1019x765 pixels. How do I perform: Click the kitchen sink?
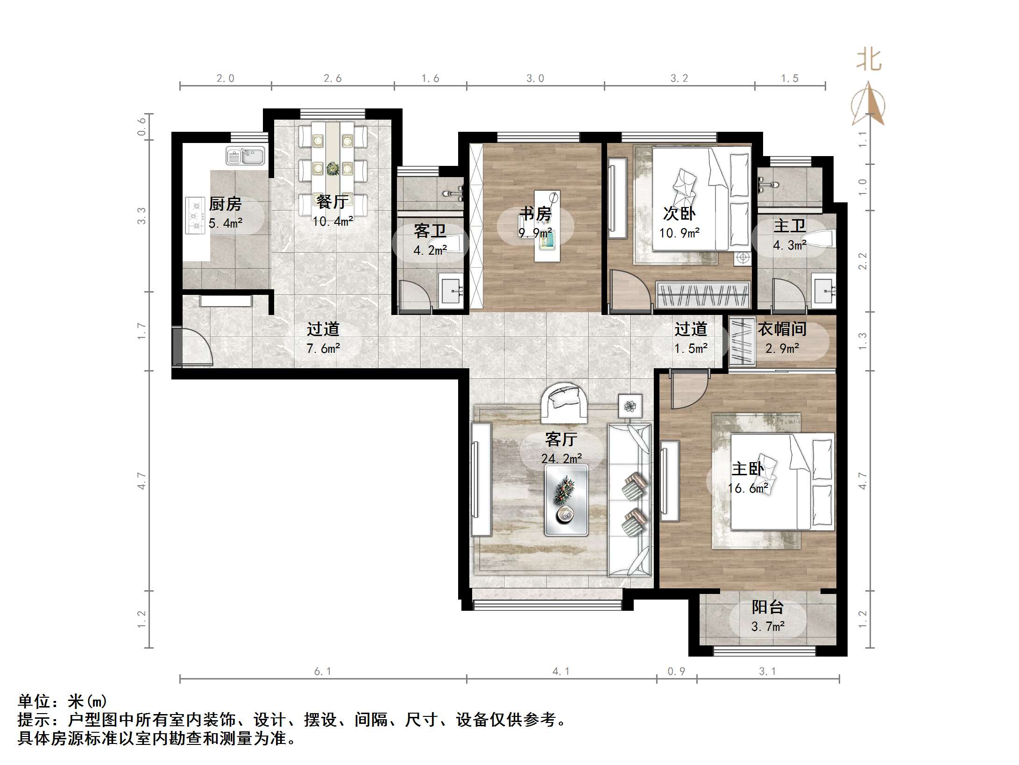pyautogui.click(x=245, y=156)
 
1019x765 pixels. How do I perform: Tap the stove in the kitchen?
pyautogui.click(x=195, y=216)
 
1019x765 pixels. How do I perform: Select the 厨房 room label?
pyautogui.click(x=225, y=204)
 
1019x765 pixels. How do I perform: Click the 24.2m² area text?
pyautogui.click(x=561, y=458)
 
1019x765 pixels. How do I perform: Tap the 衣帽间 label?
pyautogui.click(x=782, y=329)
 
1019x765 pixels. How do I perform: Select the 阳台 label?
pyautogui.click(x=767, y=607)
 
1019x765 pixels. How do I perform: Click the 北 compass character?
pyautogui.click(x=869, y=60)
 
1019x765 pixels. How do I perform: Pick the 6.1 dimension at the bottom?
pyautogui.click(x=322, y=672)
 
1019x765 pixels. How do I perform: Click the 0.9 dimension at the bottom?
pyautogui.click(x=676, y=672)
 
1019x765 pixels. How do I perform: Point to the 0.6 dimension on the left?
pyautogui.click(x=142, y=126)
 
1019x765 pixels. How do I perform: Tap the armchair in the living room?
pyautogui.click(x=564, y=402)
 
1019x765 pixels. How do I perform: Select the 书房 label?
pyautogui.click(x=536, y=214)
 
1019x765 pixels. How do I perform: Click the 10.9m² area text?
pyautogui.click(x=679, y=233)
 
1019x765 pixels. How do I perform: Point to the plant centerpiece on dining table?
pyautogui.click(x=333, y=168)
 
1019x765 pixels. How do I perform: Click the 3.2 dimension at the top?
pyautogui.click(x=679, y=79)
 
